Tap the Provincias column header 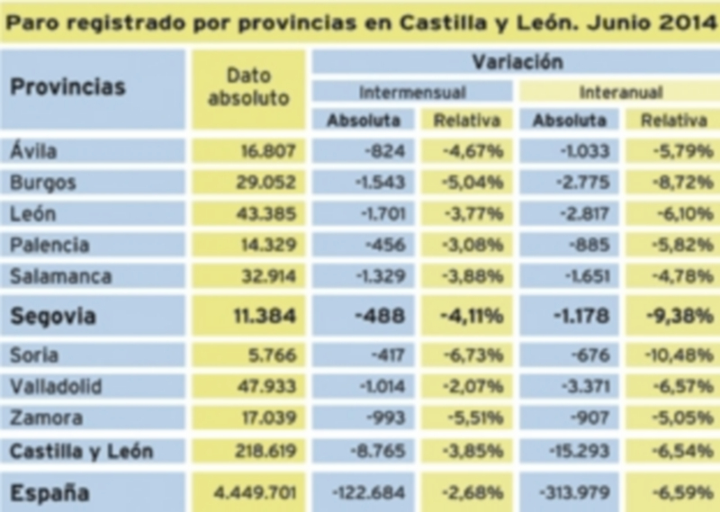[x=68, y=88]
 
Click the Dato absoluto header [x=248, y=88]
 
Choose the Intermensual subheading [x=412, y=93]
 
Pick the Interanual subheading [x=621, y=93]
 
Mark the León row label [x=34, y=214]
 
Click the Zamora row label [x=46, y=418]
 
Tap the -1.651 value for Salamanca [x=586, y=276]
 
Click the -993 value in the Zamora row [x=391, y=418]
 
